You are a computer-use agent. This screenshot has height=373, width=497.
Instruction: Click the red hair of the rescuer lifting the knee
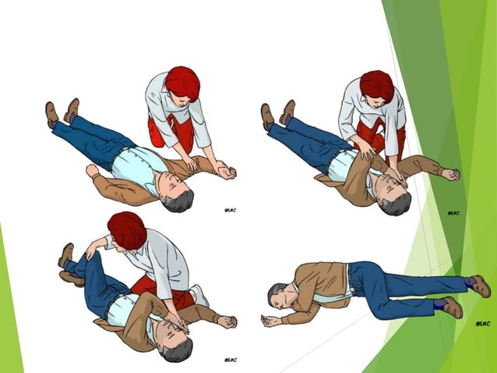coord(127,229)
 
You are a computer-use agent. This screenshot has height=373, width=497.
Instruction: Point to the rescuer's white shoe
coord(199,295)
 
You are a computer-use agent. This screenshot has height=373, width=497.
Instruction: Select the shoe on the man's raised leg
coord(66,254)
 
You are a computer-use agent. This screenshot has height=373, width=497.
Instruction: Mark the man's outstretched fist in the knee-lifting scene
coord(227,321)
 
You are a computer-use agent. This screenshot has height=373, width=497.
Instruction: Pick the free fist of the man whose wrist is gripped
coord(93,170)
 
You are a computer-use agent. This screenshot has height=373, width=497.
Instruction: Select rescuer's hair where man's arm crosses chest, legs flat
coord(376,85)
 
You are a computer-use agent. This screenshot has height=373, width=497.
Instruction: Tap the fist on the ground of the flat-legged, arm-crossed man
coord(449,175)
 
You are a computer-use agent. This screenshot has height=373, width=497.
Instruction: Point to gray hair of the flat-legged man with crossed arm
coord(397,204)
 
